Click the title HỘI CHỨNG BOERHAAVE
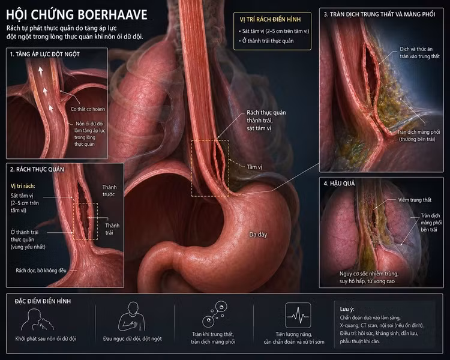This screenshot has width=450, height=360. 77,15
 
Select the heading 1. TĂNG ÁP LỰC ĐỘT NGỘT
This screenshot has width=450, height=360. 45,54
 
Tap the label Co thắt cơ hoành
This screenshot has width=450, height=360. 88,109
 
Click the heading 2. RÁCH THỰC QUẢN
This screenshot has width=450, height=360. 37,169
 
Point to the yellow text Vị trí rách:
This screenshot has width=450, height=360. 23,186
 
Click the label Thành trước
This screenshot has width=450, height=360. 109,191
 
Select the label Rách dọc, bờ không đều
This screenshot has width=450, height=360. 41,271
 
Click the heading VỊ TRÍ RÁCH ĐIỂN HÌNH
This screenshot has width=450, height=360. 271,20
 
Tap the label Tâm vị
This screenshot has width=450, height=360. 254,167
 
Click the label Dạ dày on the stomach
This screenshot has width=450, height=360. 258,235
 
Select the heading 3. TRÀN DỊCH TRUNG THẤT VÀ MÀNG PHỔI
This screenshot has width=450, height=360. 379,14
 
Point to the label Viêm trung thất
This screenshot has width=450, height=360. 415,200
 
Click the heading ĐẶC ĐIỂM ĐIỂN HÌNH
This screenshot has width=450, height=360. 43,301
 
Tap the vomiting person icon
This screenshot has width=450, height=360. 37,320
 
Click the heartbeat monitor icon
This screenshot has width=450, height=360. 298,315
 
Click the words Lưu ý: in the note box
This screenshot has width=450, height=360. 347,309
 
